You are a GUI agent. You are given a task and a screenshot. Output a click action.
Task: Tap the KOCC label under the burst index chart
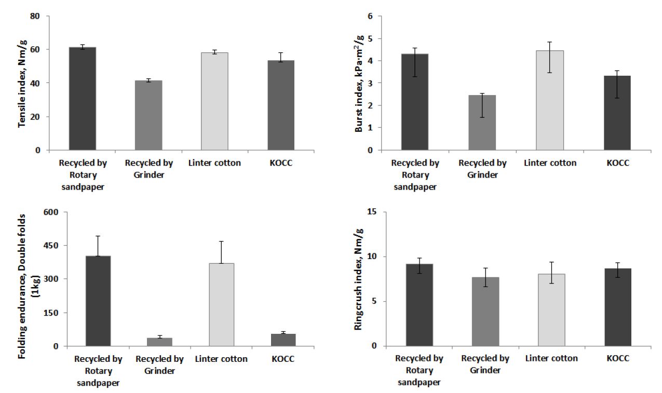pyautogui.click(x=617, y=163)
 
